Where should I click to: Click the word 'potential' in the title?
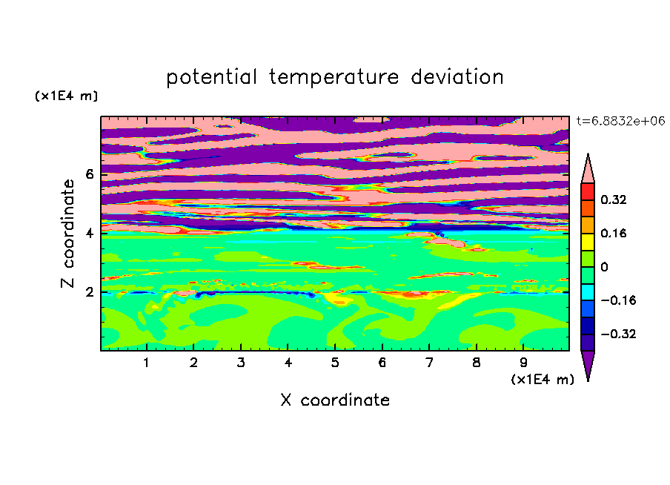click(x=211, y=78)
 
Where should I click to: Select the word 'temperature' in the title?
click(x=334, y=77)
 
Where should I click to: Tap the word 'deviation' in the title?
click(x=457, y=77)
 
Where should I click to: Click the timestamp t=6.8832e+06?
click(x=620, y=122)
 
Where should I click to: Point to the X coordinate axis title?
click(x=335, y=400)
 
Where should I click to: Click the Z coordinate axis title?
click(x=67, y=233)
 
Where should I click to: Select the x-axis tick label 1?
click(x=146, y=363)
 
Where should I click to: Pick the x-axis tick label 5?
click(x=335, y=363)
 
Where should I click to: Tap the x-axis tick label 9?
click(x=523, y=363)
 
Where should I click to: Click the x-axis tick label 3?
click(x=241, y=363)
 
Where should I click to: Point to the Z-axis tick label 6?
click(x=90, y=174)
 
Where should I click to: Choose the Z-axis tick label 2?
click(x=90, y=292)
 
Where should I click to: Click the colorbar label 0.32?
click(x=613, y=199)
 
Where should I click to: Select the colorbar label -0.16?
click(x=618, y=300)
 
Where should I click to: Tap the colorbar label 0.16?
click(x=613, y=234)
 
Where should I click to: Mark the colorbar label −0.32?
click(x=618, y=334)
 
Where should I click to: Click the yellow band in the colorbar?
click(x=588, y=242)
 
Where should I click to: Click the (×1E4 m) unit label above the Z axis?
click(x=66, y=96)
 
